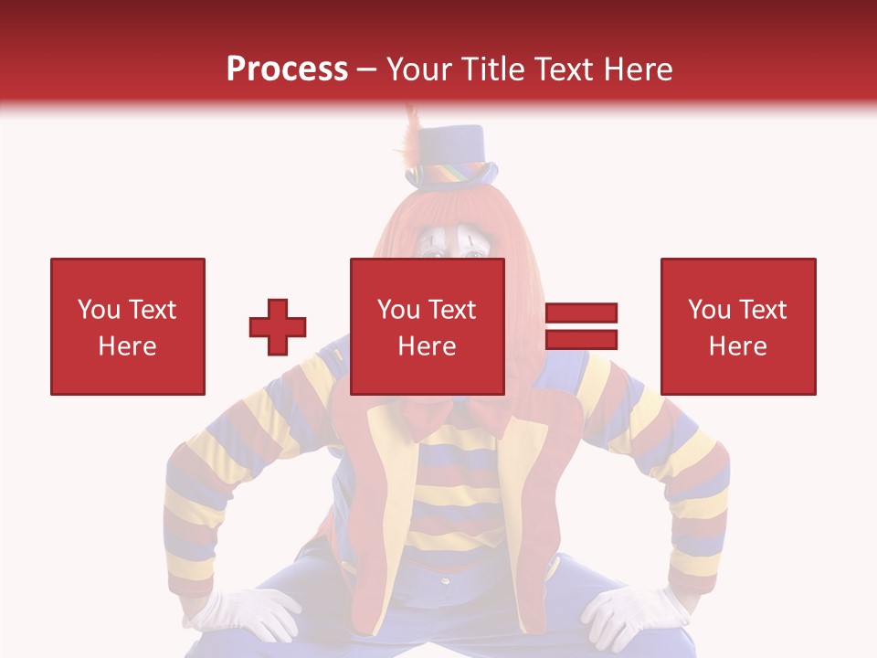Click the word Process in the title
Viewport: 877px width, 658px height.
[x=287, y=69]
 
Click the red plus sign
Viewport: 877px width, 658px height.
[x=278, y=327]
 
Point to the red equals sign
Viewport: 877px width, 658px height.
[x=581, y=326]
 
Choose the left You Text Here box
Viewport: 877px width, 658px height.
[x=128, y=326]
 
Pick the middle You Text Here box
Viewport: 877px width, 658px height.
[x=427, y=326]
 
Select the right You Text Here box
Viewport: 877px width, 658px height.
[x=737, y=326]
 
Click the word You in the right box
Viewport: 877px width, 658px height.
[x=708, y=310]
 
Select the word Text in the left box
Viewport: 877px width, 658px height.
[x=152, y=310]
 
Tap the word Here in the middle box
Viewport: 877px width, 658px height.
[x=427, y=345]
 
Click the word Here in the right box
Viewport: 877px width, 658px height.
[x=737, y=345]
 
